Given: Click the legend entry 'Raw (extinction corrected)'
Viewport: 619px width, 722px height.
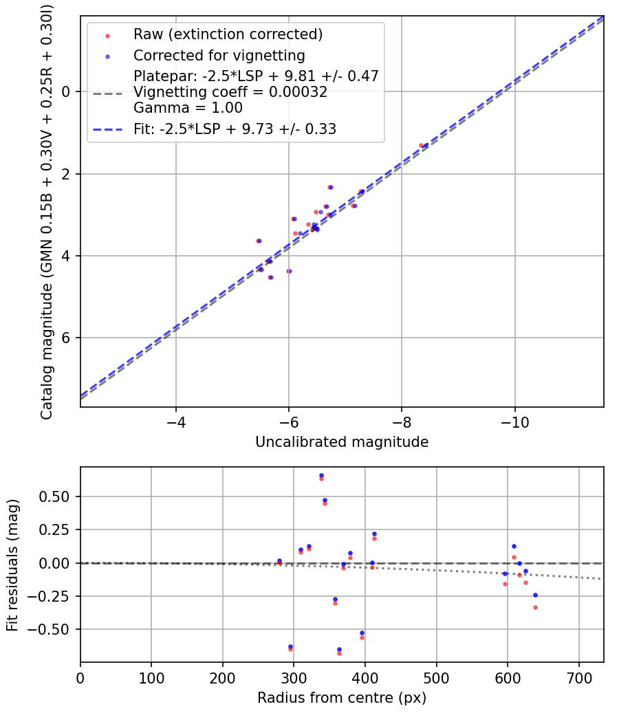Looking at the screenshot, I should (x=228, y=34).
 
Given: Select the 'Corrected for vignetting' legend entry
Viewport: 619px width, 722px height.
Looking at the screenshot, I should (x=219, y=55).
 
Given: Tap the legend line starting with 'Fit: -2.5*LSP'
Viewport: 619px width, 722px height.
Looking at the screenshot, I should (x=235, y=129).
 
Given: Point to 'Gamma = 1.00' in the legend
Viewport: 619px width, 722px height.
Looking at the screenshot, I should (x=188, y=108).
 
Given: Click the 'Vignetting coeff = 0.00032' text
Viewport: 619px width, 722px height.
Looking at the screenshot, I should (x=230, y=92).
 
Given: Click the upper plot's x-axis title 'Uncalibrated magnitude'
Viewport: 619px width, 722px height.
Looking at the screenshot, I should (x=342, y=442).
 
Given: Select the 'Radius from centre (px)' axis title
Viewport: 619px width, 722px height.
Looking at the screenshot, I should (x=342, y=698).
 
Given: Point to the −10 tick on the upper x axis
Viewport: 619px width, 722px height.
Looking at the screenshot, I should (x=514, y=419).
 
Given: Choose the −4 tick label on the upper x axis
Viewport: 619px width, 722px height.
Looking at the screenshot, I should (x=176, y=419).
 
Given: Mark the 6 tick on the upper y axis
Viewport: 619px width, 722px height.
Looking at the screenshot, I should (x=67, y=338).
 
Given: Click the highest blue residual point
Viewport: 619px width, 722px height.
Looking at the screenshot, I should (x=321, y=475).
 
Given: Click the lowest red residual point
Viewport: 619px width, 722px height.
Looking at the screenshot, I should (x=339, y=653).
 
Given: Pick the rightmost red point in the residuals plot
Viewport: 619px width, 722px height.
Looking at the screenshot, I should (x=535, y=607).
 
